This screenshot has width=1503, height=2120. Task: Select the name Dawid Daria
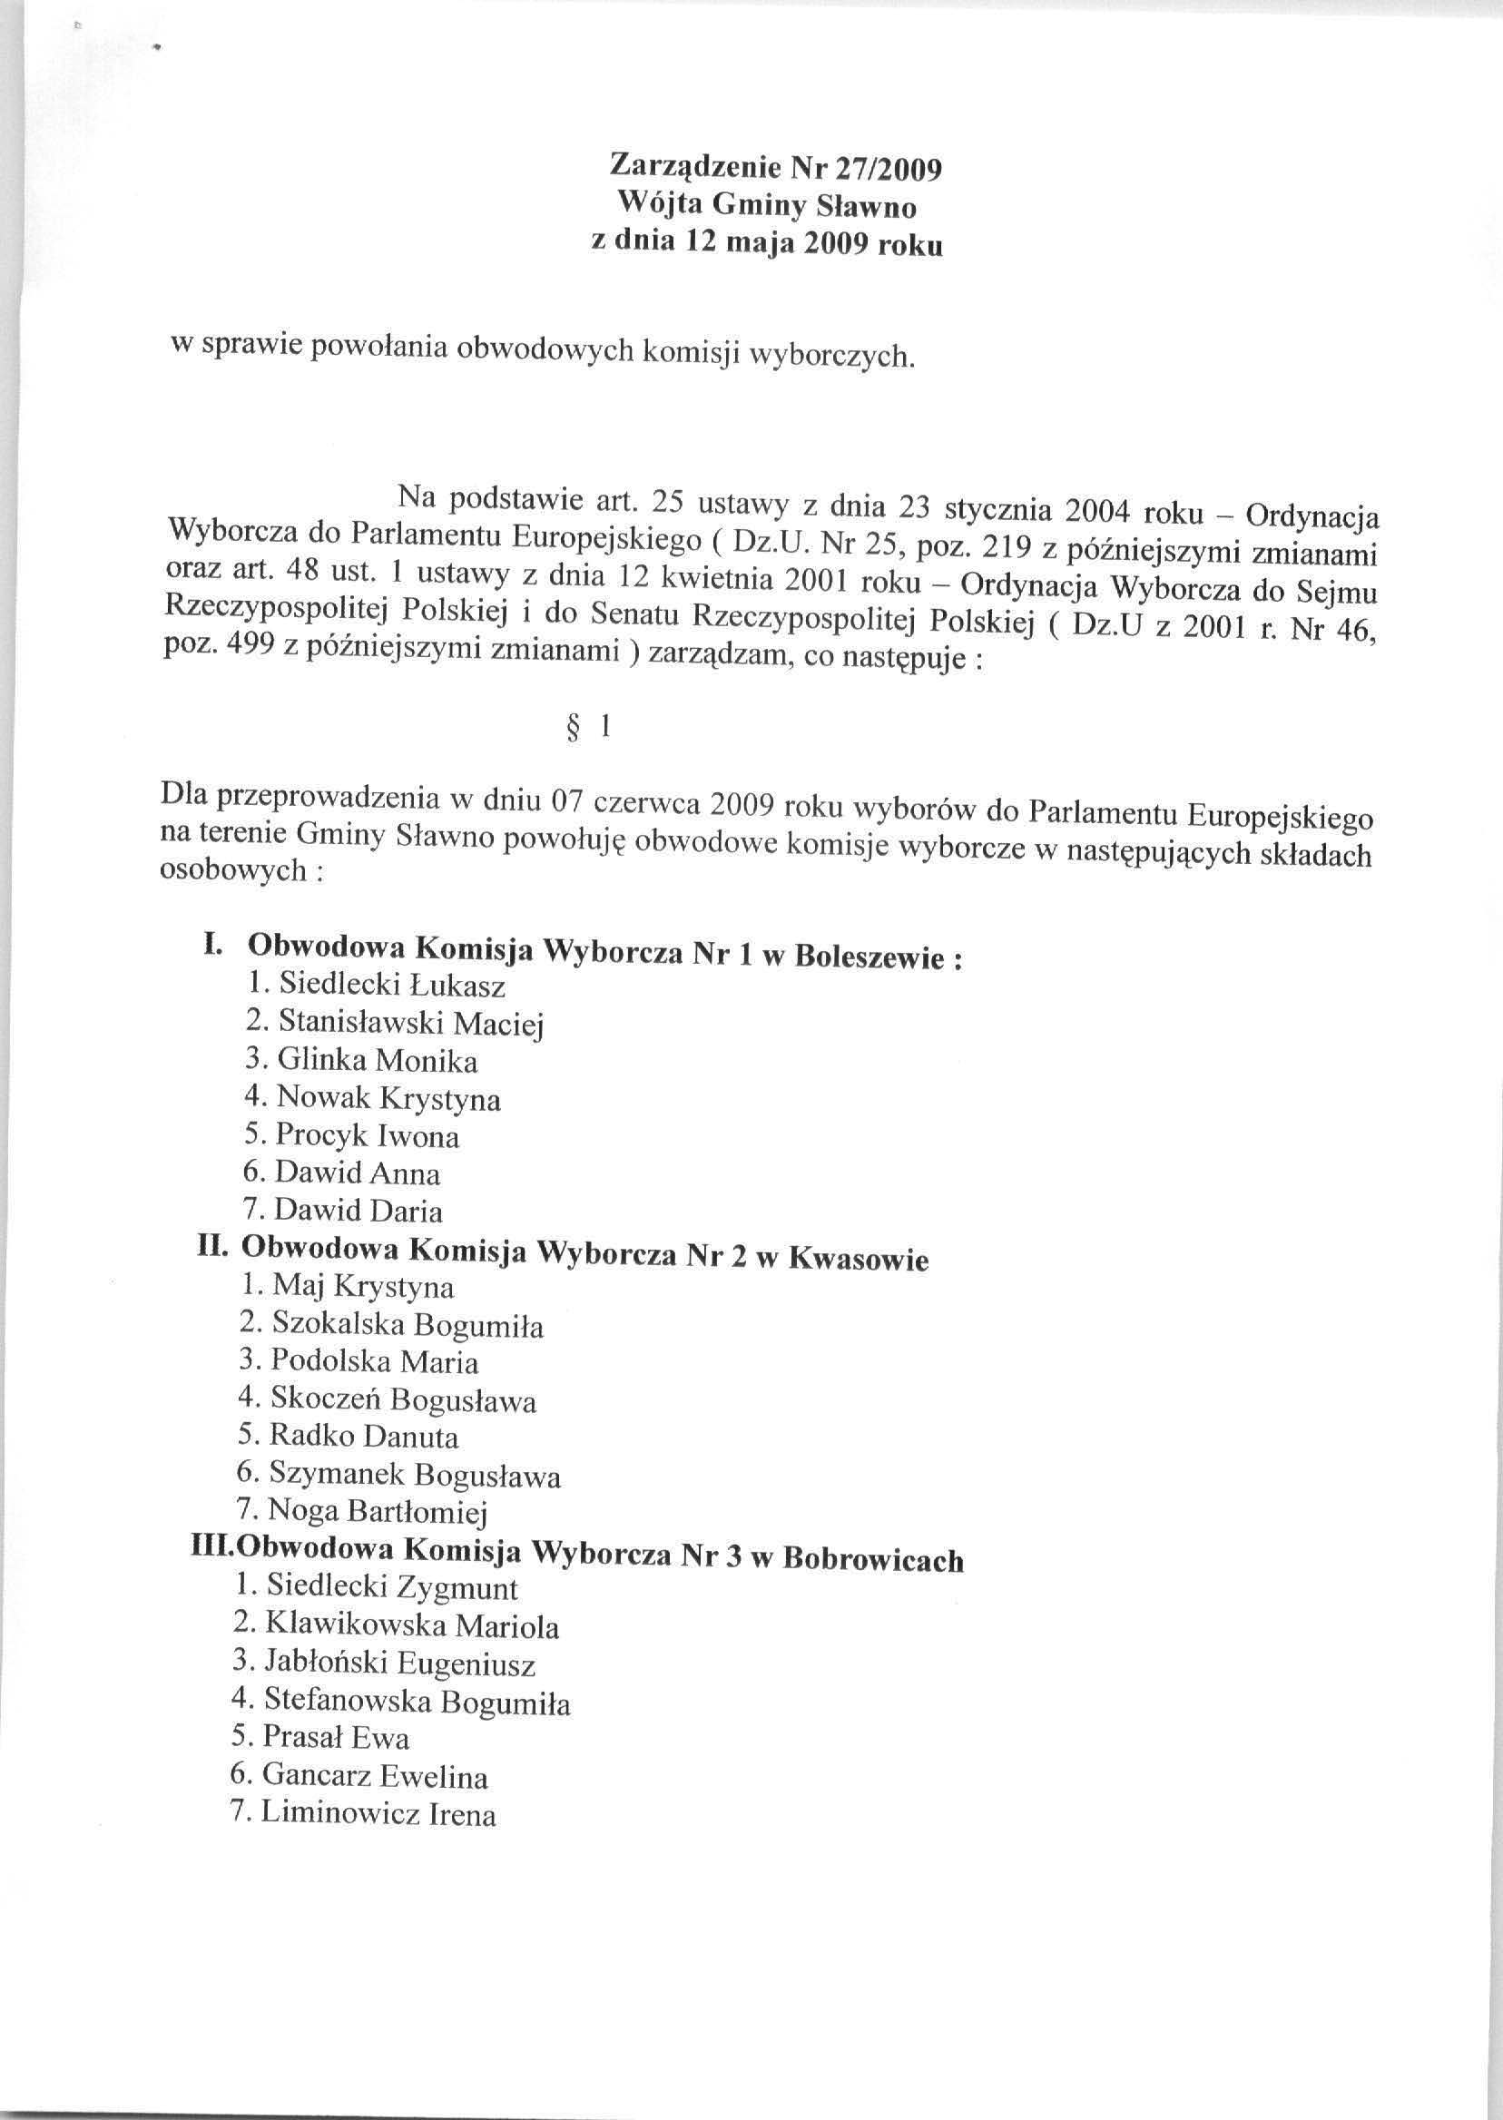tap(358, 1211)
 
